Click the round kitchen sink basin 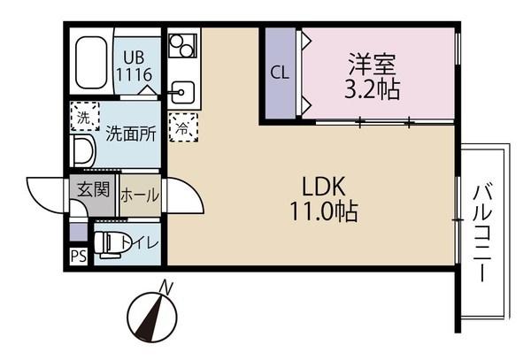click(183, 90)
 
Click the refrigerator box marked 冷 click(181, 126)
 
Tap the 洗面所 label click(131, 134)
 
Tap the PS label click(77, 258)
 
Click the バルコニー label click(482, 232)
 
